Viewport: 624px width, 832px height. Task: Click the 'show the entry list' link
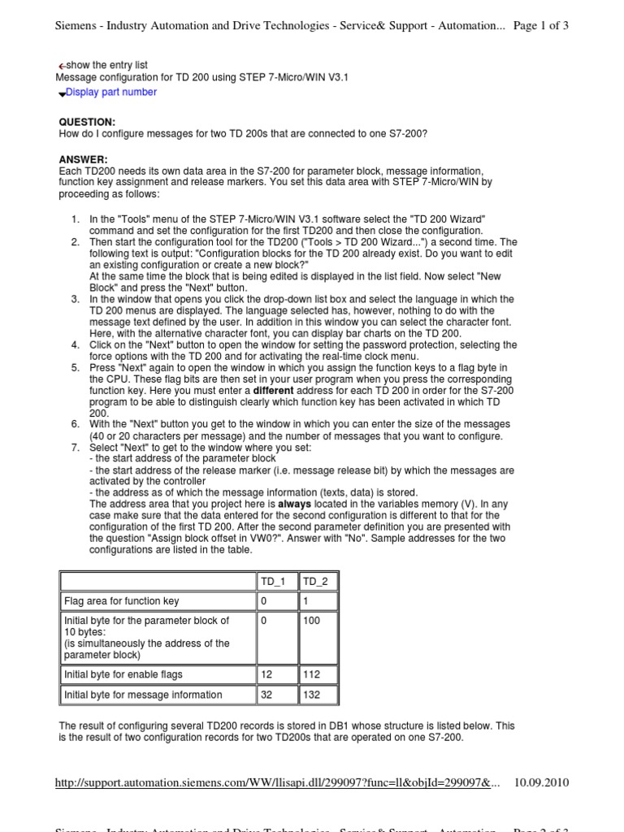[x=106, y=65]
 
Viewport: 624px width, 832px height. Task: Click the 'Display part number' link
[x=110, y=93]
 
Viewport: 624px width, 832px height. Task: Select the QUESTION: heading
[x=88, y=121]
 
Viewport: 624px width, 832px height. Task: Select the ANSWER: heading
[x=84, y=158]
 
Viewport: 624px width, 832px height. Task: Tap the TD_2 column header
[x=316, y=582]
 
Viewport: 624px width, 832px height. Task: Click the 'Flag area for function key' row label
[x=121, y=601]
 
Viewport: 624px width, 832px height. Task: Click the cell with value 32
[x=266, y=695]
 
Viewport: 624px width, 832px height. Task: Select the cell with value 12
[x=266, y=674]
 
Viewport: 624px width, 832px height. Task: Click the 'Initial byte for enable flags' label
[x=123, y=674]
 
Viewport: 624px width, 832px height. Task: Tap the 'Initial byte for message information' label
[x=143, y=695]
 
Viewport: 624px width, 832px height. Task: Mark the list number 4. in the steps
[x=75, y=345]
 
